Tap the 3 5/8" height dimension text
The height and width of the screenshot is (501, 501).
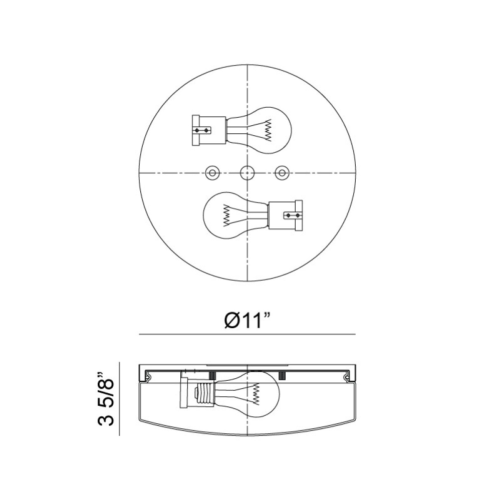point(105,399)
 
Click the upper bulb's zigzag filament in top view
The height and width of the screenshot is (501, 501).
point(268,130)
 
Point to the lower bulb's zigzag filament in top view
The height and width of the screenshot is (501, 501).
point(227,215)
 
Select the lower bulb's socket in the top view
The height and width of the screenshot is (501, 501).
point(286,215)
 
